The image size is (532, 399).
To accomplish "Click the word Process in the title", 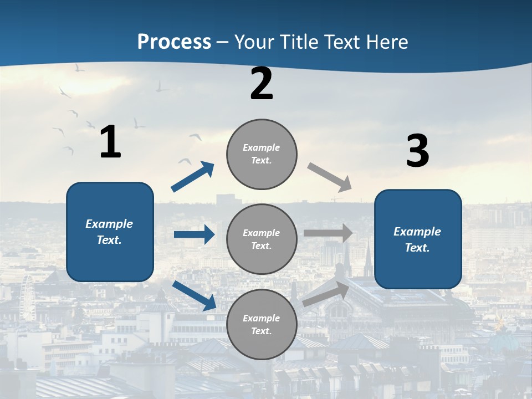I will [x=174, y=42].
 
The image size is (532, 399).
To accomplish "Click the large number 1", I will [x=110, y=142].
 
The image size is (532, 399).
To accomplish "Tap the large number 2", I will [x=262, y=84].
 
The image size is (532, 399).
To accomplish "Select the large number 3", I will [x=417, y=151].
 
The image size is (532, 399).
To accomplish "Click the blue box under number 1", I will [x=110, y=232].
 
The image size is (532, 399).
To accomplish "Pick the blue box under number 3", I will [x=418, y=239].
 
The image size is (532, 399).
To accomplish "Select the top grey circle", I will [x=262, y=154].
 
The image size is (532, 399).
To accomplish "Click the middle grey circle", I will [x=262, y=239].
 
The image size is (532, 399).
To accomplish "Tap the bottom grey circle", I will [x=262, y=325].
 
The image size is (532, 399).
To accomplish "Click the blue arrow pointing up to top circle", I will [x=193, y=177].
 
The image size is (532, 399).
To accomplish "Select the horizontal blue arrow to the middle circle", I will [x=194, y=234].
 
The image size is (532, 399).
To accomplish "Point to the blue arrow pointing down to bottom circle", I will [x=194, y=295].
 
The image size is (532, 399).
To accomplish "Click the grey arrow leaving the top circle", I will [x=329, y=177].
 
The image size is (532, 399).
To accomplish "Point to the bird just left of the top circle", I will [x=195, y=136].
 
